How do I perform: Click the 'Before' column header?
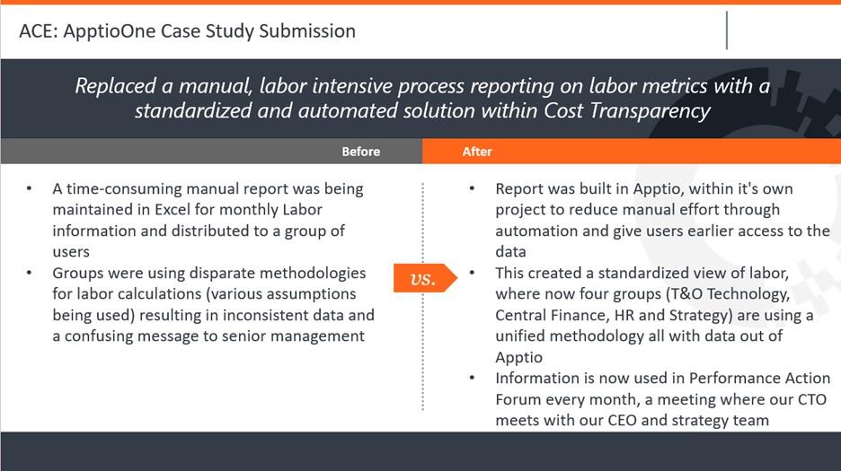point(361,152)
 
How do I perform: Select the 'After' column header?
point(477,152)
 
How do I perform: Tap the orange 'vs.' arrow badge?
point(425,278)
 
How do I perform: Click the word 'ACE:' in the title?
point(39,31)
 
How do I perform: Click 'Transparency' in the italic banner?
point(650,111)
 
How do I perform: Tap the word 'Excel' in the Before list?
point(173,210)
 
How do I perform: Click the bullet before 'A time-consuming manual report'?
point(29,188)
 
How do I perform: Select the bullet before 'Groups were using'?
point(29,273)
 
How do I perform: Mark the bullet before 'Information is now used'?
point(472,378)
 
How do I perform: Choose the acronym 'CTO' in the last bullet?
point(812,400)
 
